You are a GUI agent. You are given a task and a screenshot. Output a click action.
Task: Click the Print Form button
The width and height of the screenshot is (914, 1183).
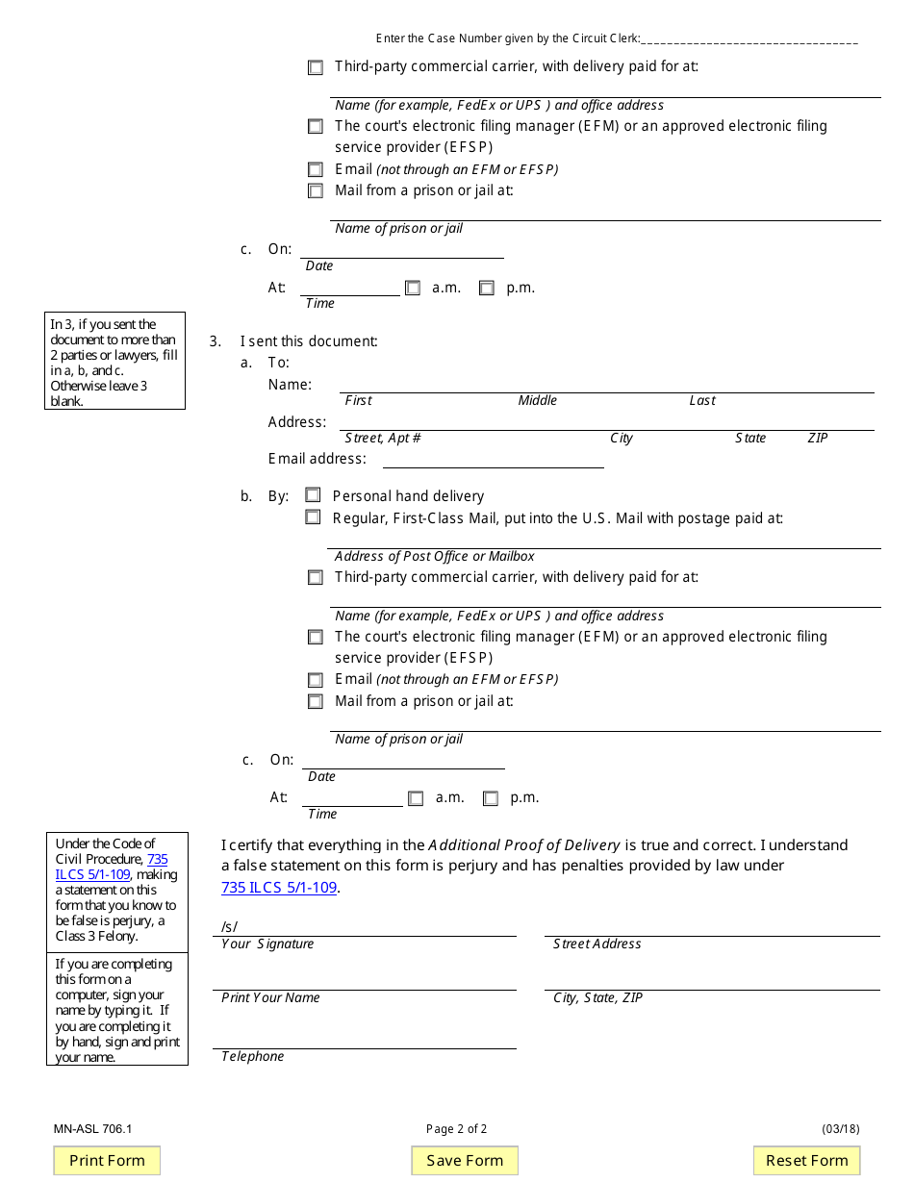point(107,1161)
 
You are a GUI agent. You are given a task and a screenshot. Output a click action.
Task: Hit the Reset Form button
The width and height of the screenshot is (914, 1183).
point(806,1161)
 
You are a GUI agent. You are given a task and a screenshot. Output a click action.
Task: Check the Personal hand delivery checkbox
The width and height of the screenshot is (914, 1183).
point(313,495)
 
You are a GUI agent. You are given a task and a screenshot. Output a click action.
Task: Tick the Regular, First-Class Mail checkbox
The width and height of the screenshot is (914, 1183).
point(313,517)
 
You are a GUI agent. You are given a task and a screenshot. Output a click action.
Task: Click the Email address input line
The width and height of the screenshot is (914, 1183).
point(493,460)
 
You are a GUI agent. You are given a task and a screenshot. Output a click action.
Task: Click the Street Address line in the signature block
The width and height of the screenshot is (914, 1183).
point(711,928)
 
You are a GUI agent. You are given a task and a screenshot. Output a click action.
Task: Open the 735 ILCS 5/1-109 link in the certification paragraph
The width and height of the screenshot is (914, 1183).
point(279,888)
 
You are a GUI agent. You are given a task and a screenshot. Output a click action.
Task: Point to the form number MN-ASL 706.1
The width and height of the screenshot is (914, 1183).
point(93,1129)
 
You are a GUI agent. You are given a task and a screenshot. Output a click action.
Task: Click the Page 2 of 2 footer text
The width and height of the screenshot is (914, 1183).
point(456,1129)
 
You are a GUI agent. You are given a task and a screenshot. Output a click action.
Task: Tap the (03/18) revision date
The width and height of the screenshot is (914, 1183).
point(840,1129)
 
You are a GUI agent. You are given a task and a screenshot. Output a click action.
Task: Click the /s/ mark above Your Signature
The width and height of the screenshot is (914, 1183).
point(229,927)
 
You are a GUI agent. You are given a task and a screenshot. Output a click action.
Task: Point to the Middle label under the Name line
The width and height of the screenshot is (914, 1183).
point(537,401)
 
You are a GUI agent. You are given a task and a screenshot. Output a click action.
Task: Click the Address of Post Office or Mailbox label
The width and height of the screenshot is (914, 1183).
point(434,557)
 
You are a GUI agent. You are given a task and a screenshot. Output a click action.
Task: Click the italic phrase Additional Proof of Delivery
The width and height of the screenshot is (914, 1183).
point(524,845)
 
